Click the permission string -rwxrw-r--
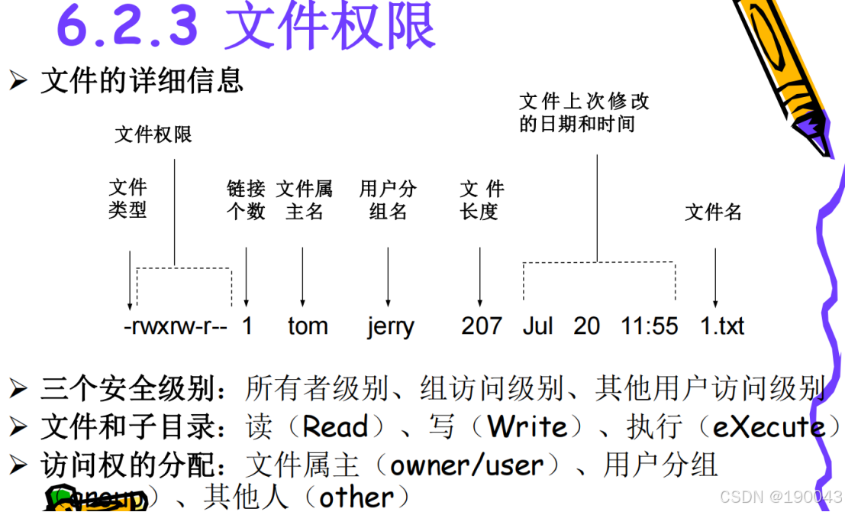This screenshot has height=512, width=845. (176, 326)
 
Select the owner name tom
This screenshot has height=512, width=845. (308, 326)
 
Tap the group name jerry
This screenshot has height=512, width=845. (390, 326)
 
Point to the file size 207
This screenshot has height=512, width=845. (482, 326)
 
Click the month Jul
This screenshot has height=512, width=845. (537, 326)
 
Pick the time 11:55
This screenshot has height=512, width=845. (649, 326)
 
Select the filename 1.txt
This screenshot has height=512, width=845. (722, 326)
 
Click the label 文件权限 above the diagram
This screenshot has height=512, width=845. (153, 134)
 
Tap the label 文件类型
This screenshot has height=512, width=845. (127, 199)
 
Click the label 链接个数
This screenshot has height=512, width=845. (246, 199)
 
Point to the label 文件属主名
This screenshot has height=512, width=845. (305, 199)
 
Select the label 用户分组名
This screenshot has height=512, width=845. (389, 199)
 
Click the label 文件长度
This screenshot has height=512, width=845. (482, 199)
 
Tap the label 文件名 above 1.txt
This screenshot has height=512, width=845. (713, 212)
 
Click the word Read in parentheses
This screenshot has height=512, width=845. (335, 426)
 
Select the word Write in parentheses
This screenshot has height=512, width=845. (527, 426)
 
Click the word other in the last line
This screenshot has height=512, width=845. (356, 497)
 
